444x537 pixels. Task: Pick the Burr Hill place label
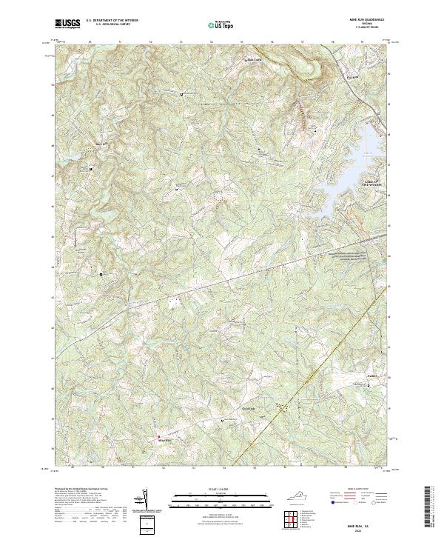pos(81,144)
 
